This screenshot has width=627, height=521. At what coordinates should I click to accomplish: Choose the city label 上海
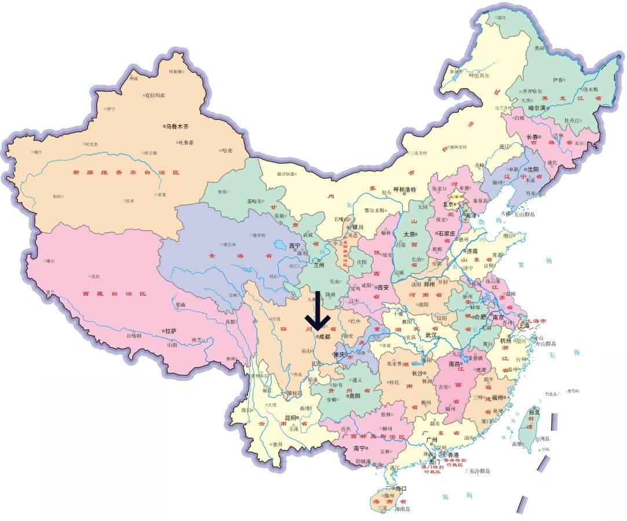coord(523,326)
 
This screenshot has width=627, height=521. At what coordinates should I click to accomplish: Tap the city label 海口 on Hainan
coord(400,489)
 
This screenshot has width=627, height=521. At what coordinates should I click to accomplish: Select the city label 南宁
coord(359,449)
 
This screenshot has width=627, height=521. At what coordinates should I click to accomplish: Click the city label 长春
coord(532,137)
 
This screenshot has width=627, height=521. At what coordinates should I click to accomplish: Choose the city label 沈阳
coord(533,169)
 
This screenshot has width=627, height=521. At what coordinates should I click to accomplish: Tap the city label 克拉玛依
coord(155,95)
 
